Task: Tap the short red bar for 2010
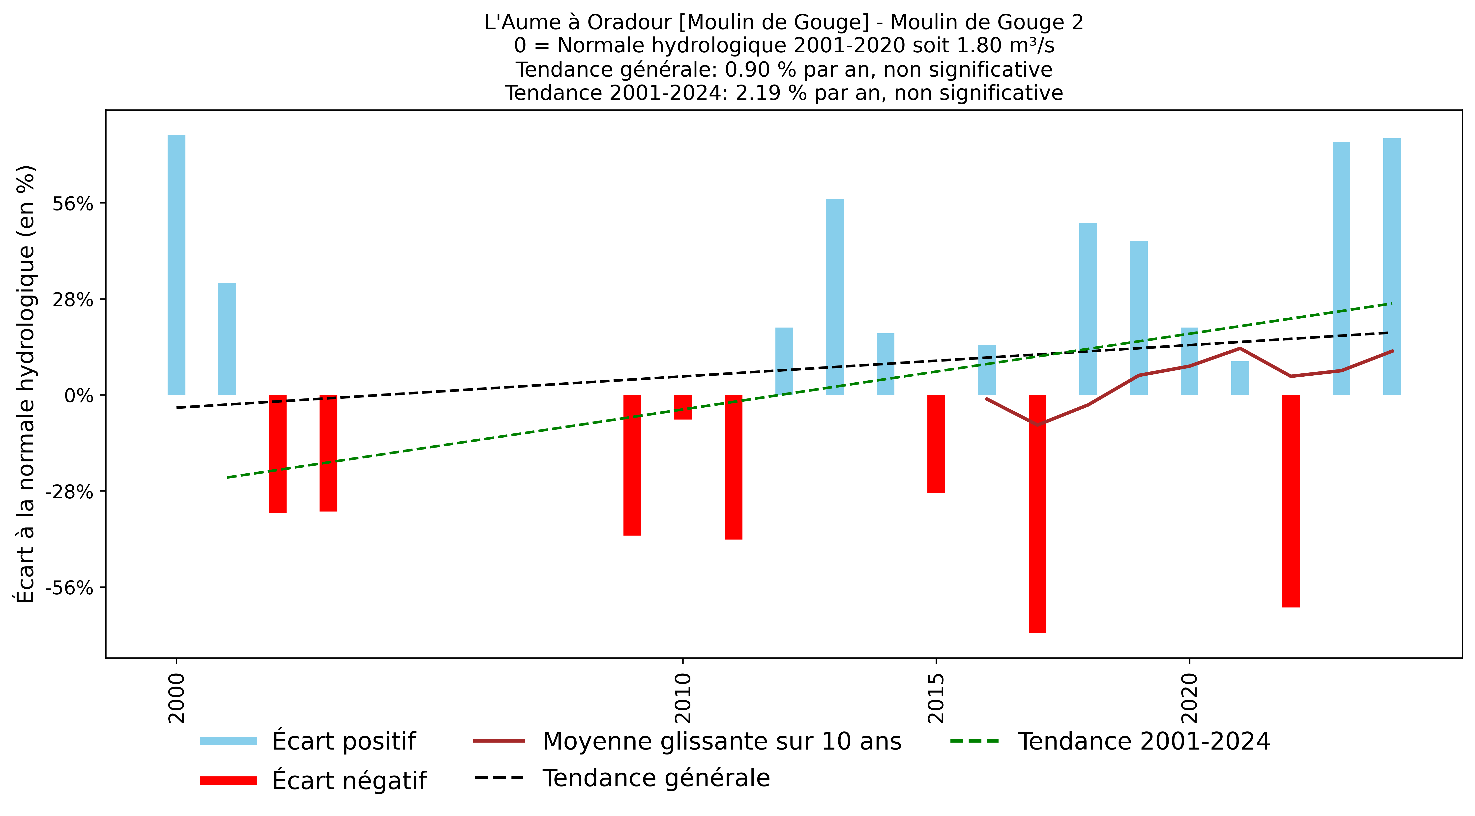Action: click(x=682, y=407)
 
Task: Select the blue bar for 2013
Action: click(x=835, y=297)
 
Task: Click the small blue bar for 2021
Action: click(x=1240, y=378)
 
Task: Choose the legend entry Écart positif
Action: click(x=344, y=741)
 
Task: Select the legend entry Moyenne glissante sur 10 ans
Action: click(x=721, y=741)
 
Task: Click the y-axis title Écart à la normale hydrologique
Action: click(x=26, y=384)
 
